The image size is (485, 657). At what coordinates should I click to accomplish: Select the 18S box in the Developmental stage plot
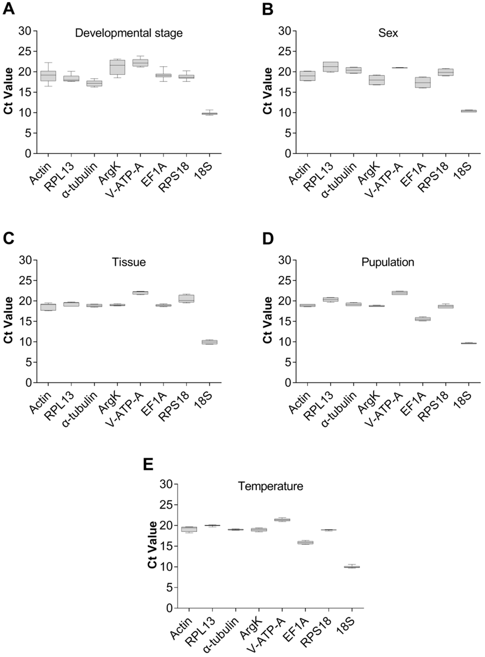click(x=209, y=114)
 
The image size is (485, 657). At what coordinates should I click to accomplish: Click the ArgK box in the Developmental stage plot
click(x=117, y=67)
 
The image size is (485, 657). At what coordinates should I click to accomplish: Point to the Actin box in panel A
click(x=48, y=76)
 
